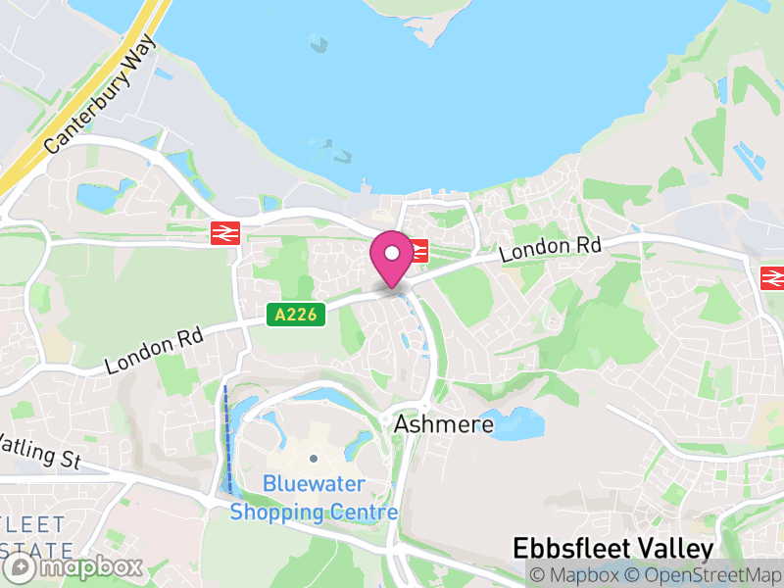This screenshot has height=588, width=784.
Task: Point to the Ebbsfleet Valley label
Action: point(614,548)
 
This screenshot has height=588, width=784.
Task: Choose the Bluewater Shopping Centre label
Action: point(314,498)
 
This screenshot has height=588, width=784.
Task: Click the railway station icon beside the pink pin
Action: point(419,251)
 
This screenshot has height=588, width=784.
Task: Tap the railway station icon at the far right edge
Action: point(772,278)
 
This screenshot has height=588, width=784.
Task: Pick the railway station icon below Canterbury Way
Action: point(225,233)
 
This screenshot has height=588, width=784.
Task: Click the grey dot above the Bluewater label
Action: point(314,458)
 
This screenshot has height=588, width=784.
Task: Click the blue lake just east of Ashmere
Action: point(515,424)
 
